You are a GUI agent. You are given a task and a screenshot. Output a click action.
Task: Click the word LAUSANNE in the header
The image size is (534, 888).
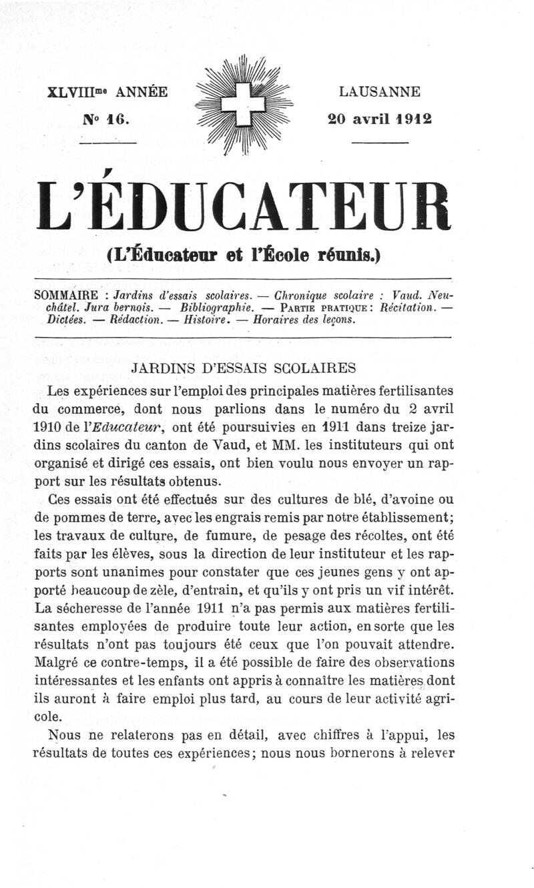[378, 91]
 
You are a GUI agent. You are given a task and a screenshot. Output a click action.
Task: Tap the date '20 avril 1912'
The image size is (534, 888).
[378, 119]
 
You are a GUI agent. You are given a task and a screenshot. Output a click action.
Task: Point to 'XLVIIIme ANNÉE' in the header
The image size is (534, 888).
[107, 92]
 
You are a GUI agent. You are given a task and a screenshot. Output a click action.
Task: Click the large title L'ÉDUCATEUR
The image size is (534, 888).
[244, 206]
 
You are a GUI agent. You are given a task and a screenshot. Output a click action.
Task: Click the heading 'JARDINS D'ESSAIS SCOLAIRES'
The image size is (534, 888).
[244, 368]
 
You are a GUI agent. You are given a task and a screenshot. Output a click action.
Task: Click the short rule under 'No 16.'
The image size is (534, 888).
[108, 142]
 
